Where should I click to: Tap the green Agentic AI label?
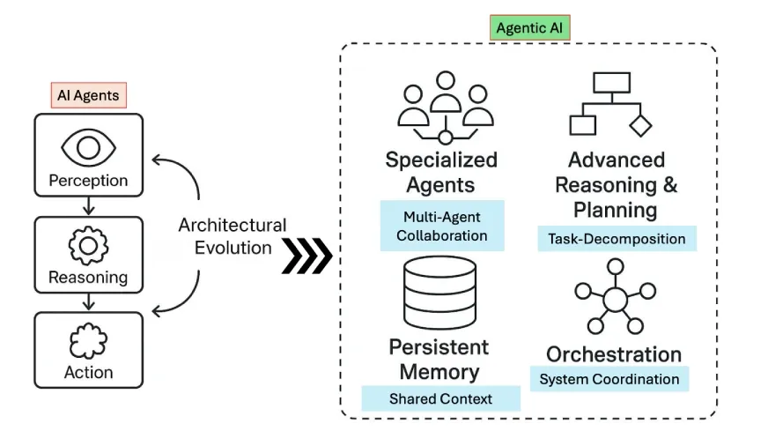click(x=530, y=27)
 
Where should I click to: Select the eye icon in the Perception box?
click(x=88, y=146)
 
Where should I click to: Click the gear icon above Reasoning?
click(x=88, y=246)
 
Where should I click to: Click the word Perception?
click(x=88, y=181)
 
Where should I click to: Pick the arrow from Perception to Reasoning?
click(x=87, y=207)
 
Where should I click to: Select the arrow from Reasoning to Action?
click(x=87, y=302)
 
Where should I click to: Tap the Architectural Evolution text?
click(x=233, y=236)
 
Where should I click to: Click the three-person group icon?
click(x=445, y=108)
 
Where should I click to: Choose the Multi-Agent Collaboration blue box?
click(x=442, y=225)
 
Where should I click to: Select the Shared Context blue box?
click(x=440, y=398)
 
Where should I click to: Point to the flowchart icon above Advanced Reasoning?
click(x=610, y=104)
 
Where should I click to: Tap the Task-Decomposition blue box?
click(x=617, y=238)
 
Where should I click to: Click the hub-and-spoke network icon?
click(x=614, y=300)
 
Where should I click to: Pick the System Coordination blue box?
click(x=609, y=379)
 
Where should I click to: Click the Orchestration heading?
click(x=614, y=354)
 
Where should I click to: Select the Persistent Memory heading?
click(x=439, y=359)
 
